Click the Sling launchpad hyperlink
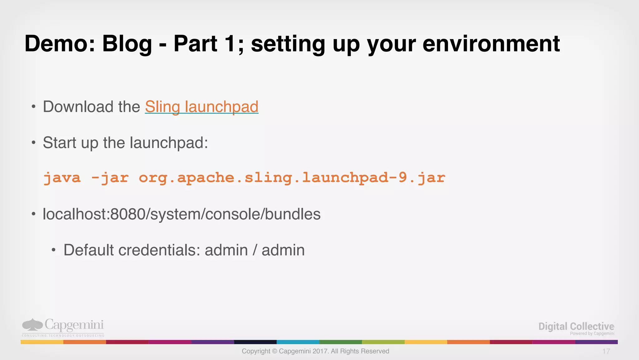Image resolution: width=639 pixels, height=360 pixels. (202, 107)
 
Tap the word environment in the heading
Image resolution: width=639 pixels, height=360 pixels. (491, 44)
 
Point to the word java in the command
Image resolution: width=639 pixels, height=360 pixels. (62, 178)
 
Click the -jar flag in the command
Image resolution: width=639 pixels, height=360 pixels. (110, 178)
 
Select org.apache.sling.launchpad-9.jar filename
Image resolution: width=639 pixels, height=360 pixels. (292, 178)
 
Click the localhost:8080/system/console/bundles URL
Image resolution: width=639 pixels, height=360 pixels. (182, 214)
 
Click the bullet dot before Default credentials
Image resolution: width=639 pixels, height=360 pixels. (54, 250)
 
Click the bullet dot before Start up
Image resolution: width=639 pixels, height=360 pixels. (33, 143)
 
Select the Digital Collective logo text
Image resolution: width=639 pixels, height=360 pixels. (576, 326)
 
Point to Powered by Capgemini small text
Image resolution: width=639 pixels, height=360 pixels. (592, 333)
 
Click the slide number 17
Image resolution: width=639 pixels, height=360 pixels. (606, 351)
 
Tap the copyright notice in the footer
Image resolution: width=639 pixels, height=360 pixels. (315, 351)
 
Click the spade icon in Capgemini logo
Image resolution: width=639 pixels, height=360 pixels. (32, 325)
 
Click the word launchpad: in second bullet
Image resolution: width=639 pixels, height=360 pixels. (169, 143)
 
